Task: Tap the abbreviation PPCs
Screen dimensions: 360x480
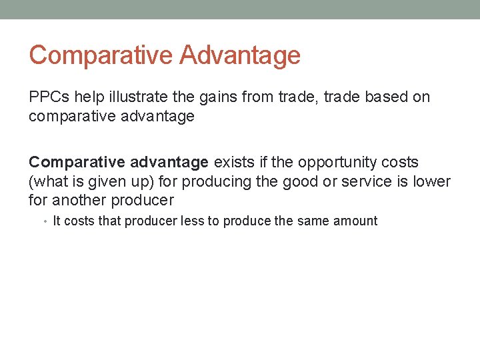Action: click(x=49, y=97)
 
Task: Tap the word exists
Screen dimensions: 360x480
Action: click(x=234, y=162)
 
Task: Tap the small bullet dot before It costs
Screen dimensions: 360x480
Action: click(x=47, y=221)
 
